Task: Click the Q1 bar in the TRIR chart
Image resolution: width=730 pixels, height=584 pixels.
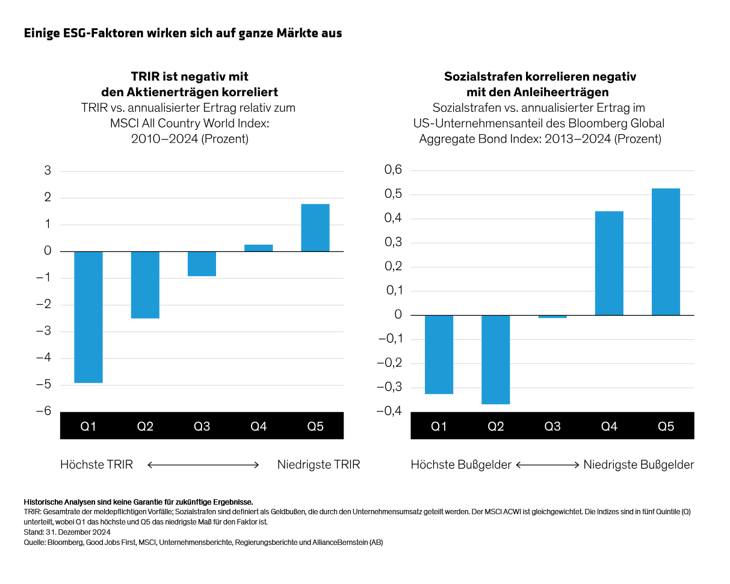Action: pyautogui.click(x=88, y=317)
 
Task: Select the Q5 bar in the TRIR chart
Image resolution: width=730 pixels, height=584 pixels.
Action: pyautogui.click(x=315, y=227)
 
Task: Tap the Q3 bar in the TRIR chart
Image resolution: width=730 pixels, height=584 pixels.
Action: pyautogui.click(x=202, y=264)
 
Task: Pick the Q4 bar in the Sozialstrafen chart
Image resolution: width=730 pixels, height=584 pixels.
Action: pyautogui.click(x=609, y=263)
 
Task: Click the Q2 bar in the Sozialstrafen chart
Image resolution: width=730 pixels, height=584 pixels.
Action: pyautogui.click(x=496, y=360)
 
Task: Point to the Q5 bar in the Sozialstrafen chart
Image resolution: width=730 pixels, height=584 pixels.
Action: pyautogui.click(x=666, y=251)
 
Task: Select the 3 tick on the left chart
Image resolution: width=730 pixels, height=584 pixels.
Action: pyautogui.click(x=48, y=171)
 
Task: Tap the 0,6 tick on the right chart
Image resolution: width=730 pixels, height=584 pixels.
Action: pyautogui.click(x=393, y=171)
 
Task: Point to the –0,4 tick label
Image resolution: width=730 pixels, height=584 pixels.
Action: pyautogui.click(x=389, y=411)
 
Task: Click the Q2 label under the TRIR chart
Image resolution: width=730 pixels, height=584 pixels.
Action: pyautogui.click(x=145, y=426)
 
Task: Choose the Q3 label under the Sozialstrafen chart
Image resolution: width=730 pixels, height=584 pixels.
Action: pyautogui.click(x=552, y=426)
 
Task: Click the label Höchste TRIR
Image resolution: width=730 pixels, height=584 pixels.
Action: pyautogui.click(x=96, y=464)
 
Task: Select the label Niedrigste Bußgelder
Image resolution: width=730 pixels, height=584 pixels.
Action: pyautogui.click(x=639, y=464)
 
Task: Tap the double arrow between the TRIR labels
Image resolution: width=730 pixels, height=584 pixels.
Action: pyautogui.click(x=203, y=464)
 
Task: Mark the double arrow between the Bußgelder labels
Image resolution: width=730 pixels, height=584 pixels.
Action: pyautogui.click(x=547, y=464)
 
